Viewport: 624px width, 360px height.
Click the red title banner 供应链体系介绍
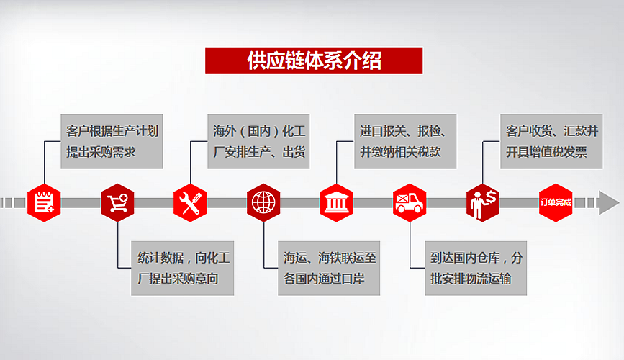[314, 60]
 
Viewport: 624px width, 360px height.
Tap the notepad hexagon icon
[44, 203]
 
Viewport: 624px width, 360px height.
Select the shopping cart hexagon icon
[117, 203]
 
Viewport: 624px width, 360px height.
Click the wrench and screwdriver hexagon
[190, 203]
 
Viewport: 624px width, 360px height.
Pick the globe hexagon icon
[263, 203]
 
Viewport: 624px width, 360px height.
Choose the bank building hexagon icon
[336, 203]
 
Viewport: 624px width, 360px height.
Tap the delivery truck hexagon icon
[410, 203]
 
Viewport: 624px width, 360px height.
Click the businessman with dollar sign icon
[483, 203]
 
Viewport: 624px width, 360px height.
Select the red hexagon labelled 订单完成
[556, 203]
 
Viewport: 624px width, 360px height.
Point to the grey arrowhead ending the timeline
[608, 203]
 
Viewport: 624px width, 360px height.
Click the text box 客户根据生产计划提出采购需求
[112, 141]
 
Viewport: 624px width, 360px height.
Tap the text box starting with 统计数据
[182, 268]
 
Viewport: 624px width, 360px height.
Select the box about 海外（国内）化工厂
[258, 141]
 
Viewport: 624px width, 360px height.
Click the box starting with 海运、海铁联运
[329, 268]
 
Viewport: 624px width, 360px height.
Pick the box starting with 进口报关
[405, 141]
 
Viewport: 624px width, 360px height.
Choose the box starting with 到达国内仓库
[476, 268]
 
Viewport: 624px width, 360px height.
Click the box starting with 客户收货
[551, 141]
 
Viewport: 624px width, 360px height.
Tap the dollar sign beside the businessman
[491, 197]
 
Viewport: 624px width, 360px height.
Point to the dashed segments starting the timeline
[13, 203]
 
